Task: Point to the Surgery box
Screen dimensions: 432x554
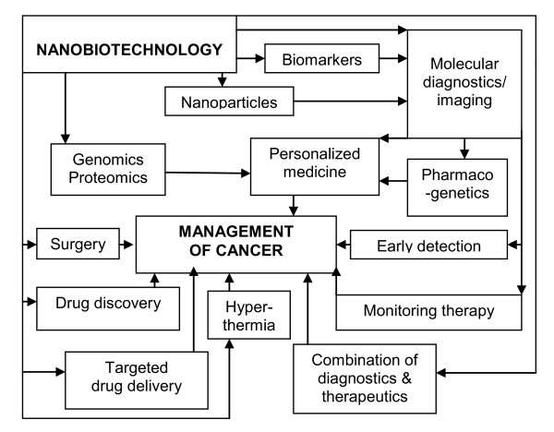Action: pos(78,246)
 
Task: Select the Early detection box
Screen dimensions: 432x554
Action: pos(428,246)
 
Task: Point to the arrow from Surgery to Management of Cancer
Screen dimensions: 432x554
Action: pos(126,246)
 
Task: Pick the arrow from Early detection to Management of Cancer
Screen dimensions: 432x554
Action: pos(342,246)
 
